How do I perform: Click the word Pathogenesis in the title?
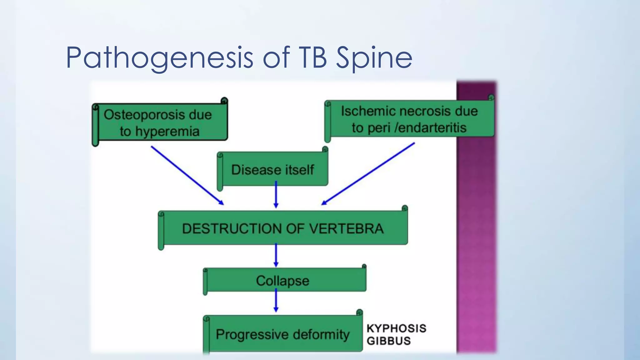pos(159,58)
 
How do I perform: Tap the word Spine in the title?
pos(374,58)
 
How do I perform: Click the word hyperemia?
pos(167,131)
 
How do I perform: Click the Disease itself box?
pos(273,169)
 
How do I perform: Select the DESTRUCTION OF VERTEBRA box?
pos(283,228)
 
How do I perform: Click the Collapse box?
pos(283,280)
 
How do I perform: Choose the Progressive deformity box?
pos(283,334)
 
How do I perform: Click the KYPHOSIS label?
pos(396,328)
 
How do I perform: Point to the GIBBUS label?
pos(388,341)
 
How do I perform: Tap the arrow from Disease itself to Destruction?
pos(276,195)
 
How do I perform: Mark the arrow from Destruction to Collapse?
pos(276,255)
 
